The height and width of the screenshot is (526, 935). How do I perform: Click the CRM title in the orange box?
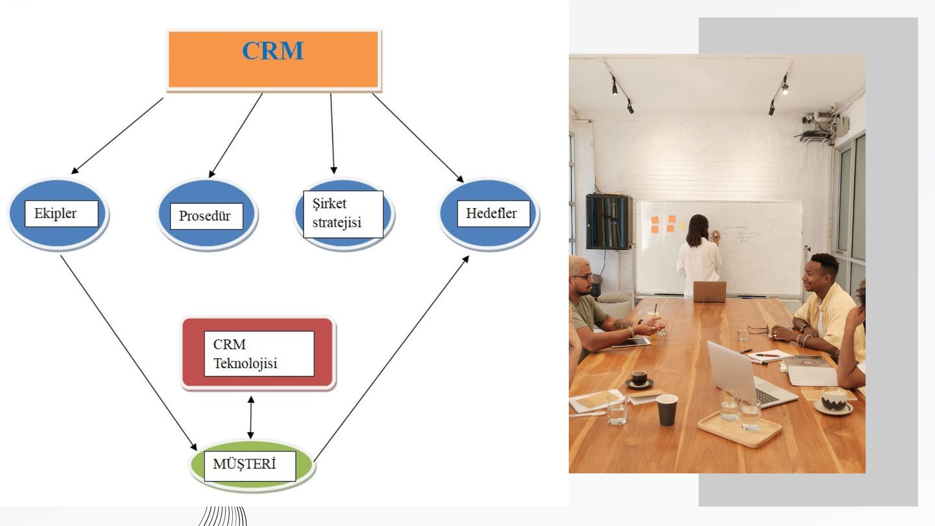point(273,51)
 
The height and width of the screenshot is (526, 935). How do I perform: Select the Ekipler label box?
point(61,213)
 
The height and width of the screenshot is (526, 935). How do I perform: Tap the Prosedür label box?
point(206,216)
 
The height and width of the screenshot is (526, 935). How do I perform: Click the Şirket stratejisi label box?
point(343,214)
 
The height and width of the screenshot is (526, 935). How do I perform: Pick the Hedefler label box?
point(493,213)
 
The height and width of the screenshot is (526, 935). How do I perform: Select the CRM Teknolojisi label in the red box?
point(259,354)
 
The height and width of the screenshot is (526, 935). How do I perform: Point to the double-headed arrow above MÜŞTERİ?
point(251,417)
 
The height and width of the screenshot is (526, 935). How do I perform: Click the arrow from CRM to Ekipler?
point(117,136)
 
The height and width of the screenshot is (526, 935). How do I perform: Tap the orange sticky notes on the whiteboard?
point(663,224)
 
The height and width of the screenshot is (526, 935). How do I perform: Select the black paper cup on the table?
point(667,410)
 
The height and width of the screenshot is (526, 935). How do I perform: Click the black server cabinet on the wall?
point(608,222)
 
